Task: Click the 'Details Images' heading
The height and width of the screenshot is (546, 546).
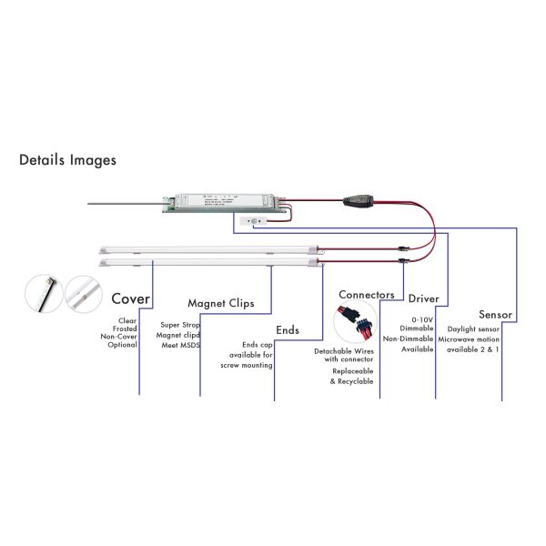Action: point(67,160)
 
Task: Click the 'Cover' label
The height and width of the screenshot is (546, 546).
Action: point(130,298)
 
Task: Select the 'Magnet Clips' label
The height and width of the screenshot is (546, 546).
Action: point(220,303)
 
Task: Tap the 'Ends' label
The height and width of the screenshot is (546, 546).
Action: point(288,329)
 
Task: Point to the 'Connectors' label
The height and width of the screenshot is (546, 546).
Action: point(366,295)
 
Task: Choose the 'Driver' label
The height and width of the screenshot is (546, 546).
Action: point(423,298)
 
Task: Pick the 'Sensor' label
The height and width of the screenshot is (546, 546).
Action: point(495,315)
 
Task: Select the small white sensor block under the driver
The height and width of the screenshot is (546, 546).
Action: point(250,219)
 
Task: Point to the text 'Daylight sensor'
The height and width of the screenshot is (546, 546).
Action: point(473,329)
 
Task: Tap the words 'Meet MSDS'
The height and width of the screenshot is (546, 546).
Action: point(178,346)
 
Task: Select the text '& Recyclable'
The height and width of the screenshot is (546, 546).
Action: point(351,381)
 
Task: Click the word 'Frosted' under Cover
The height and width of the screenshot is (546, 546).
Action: point(123,328)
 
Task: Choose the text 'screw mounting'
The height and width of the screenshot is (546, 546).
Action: point(247,364)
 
